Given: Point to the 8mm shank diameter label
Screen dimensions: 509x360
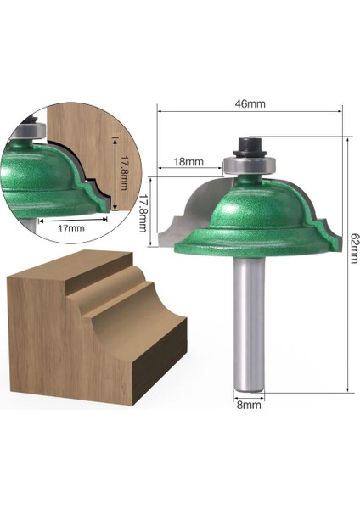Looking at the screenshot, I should [x=249, y=406].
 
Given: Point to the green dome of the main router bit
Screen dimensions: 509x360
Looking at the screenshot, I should [x=248, y=208].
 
